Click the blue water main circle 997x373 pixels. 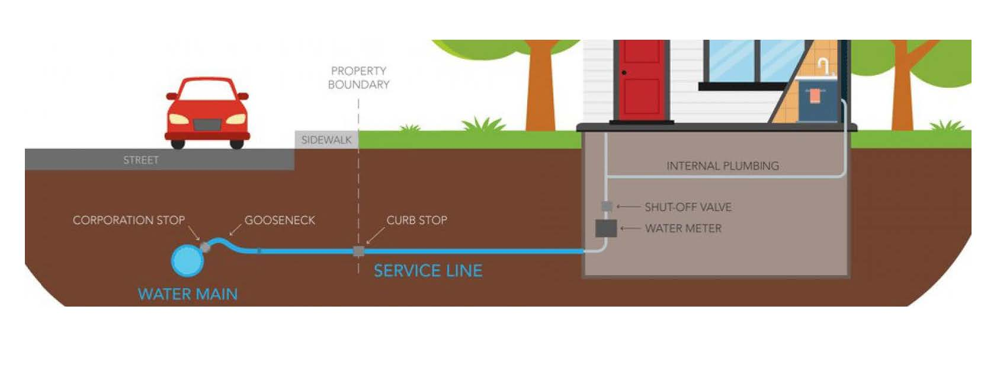187,260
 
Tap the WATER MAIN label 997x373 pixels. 187,294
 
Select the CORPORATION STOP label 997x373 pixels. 129,220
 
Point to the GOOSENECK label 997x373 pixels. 280,220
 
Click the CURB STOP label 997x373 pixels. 416,220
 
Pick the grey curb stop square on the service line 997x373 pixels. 358,251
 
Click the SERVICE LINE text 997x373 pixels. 428,271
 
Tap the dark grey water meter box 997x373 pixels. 606,228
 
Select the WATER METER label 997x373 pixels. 683,228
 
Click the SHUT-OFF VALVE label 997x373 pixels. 688,207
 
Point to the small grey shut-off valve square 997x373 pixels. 606,206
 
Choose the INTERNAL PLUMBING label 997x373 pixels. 722,166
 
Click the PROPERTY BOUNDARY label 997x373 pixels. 358,78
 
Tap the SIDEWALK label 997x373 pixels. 326,140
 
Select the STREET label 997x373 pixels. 141,160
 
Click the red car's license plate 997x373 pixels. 207,125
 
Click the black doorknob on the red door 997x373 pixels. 624,73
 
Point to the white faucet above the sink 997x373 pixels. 823,65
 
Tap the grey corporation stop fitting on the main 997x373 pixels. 205,247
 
